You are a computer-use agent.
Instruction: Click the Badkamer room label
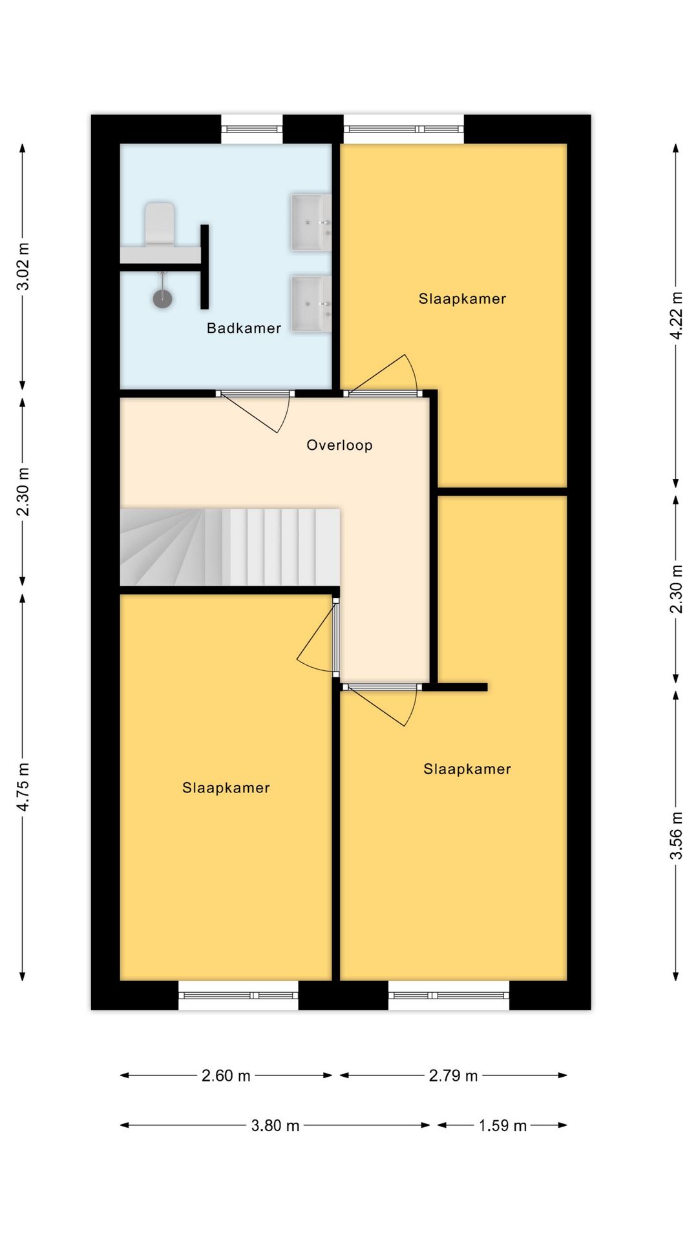click(244, 328)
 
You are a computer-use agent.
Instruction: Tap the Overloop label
click(339, 445)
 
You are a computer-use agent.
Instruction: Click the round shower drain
click(163, 299)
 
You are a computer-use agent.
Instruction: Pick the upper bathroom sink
click(311, 222)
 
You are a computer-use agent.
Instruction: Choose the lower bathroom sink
click(311, 304)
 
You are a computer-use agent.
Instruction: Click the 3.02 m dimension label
click(23, 266)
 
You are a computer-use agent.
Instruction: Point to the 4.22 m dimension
click(676, 315)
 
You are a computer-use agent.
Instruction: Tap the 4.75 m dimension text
click(23, 787)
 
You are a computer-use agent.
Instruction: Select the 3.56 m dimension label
click(676, 835)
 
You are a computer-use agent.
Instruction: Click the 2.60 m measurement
click(226, 1076)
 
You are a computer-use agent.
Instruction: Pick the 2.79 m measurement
click(453, 1076)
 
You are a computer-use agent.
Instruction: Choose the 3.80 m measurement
click(275, 1125)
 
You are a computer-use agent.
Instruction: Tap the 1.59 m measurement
click(503, 1125)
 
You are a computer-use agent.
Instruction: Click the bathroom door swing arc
click(285, 414)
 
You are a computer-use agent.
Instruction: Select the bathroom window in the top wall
click(252, 129)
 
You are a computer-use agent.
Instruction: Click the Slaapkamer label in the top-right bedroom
click(462, 299)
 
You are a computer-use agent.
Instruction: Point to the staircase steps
click(230, 547)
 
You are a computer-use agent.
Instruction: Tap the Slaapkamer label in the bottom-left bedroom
click(226, 788)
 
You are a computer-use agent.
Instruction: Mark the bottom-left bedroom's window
click(238, 995)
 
